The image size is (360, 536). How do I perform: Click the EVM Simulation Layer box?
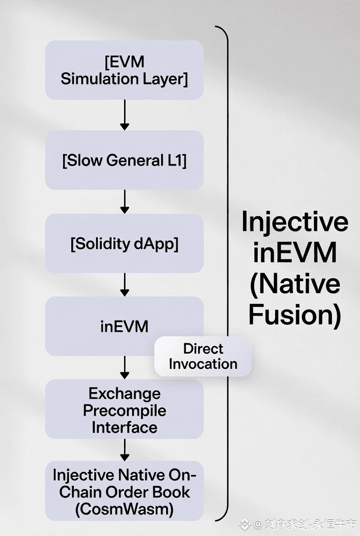pyautogui.click(x=124, y=70)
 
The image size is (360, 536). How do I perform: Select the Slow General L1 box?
pyautogui.click(x=124, y=160)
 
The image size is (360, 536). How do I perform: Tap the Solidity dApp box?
pyautogui.click(x=124, y=243)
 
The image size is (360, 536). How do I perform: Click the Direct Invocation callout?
pyautogui.click(x=203, y=357)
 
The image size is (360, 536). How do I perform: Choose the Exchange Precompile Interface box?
pyautogui.click(x=124, y=409)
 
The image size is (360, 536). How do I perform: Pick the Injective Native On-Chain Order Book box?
pyautogui.click(x=124, y=491)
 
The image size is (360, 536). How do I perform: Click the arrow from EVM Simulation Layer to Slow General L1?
pyautogui.click(x=124, y=115)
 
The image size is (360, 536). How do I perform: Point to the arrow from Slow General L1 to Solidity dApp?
pyautogui.click(x=124, y=201)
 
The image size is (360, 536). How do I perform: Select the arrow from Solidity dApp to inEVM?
pyautogui.click(x=124, y=285)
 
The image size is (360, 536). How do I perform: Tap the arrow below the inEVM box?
pyautogui.click(x=124, y=368)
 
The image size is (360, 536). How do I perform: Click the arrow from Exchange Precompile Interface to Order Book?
pyautogui.click(x=124, y=450)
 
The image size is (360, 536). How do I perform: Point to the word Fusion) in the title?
pyautogui.click(x=295, y=315)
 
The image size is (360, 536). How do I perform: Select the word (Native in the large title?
pyautogui.click(x=295, y=285)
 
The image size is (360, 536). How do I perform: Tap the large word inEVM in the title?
pyautogui.click(x=295, y=252)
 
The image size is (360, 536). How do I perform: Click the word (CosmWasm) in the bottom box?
pyautogui.click(x=124, y=509)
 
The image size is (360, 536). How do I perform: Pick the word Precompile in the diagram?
pyautogui.click(x=124, y=411)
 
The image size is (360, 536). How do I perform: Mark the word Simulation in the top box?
pyautogui.click(x=100, y=78)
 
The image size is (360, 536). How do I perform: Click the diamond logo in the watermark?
pyautogui.click(x=244, y=524)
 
